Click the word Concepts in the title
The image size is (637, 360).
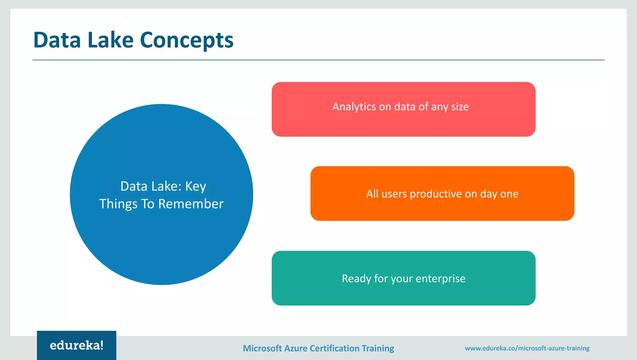click(187, 40)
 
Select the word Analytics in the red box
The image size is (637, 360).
click(354, 107)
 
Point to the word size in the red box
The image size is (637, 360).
click(460, 107)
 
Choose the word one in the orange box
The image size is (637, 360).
click(509, 194)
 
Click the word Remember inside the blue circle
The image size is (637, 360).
click(191, 204)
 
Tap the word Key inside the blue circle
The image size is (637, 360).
click(196, 186)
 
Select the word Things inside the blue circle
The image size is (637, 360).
click(118, 204)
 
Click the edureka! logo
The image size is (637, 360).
click(77, 345)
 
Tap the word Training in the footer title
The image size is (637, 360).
click(378, 348)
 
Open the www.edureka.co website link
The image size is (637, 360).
click(527, 348)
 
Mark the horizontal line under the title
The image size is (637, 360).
click(318, 60)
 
